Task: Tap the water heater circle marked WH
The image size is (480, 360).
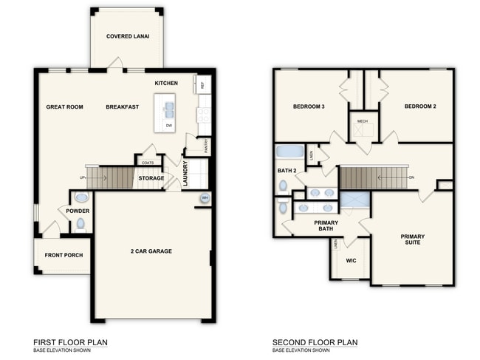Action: point(204,197)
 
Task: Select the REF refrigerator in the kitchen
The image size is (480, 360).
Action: point(202,84)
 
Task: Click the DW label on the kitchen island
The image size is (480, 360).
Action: point(169,126)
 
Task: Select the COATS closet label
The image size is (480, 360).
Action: point(148,162)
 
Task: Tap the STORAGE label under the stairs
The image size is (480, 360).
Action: point(151,178)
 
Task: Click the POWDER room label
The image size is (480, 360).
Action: point(78,211)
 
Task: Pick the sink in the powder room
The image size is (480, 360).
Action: point(80,197)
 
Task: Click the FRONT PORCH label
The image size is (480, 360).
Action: point(64,256)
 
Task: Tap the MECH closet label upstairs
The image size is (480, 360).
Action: point(362,120)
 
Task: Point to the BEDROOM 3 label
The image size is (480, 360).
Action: point(309,106)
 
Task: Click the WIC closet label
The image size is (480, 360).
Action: point(351,259)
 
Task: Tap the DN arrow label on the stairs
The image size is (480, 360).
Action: point(411,177)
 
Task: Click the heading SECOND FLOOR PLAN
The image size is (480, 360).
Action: point(315,342)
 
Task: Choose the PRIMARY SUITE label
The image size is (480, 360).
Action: point(413,241)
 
